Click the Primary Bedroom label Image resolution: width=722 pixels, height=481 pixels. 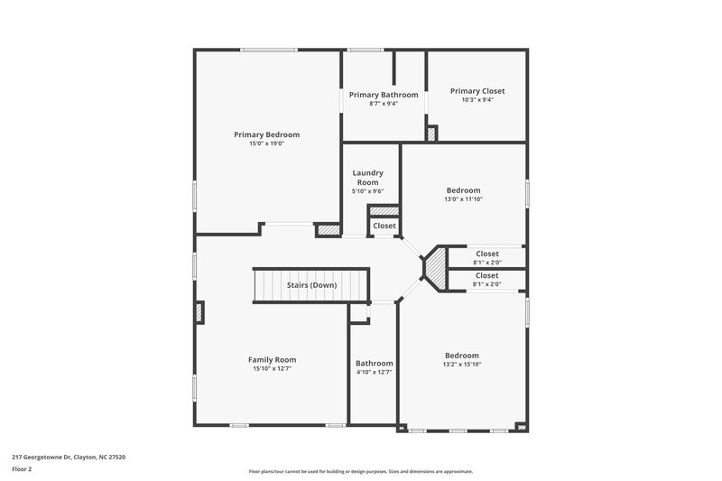click(x=266, y=134)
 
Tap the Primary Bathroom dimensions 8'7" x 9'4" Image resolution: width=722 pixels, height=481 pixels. click(x=384, y=104)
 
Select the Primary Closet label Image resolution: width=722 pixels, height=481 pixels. click(x=477, y=91)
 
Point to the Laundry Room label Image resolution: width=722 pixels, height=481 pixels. click(x=368, y=177)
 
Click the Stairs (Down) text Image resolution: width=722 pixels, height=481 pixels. click(x=311, y=285)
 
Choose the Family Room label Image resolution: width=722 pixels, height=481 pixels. click(x=272, y=359)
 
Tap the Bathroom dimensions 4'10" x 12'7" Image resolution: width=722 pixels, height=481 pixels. click(x=374, y=373)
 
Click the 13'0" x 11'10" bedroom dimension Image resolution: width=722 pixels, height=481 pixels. click(x=463, y=199)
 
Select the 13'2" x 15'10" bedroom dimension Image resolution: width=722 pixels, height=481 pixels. click(x=462, y=365)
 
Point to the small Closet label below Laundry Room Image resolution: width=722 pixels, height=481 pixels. click(x=384, y=226)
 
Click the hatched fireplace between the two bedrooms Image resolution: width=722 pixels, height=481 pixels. click(x=436, y=268)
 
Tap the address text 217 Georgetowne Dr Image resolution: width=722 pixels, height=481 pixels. click(x=69, y=458)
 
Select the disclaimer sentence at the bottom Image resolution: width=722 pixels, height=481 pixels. click(x=361, y=471)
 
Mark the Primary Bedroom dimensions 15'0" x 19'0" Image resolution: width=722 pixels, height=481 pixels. click(x=266, y=143)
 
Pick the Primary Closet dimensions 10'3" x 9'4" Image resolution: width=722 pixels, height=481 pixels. click(x=477, y=100)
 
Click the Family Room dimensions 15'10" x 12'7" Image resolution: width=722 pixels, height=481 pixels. click(x=272, y=368)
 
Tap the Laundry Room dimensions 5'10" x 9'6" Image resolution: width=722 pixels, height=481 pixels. click(x=368, y=191)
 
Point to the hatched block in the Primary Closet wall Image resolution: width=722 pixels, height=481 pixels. click(x=431, y=134)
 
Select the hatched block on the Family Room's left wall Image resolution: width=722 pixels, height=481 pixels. click(x=199, y=312)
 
